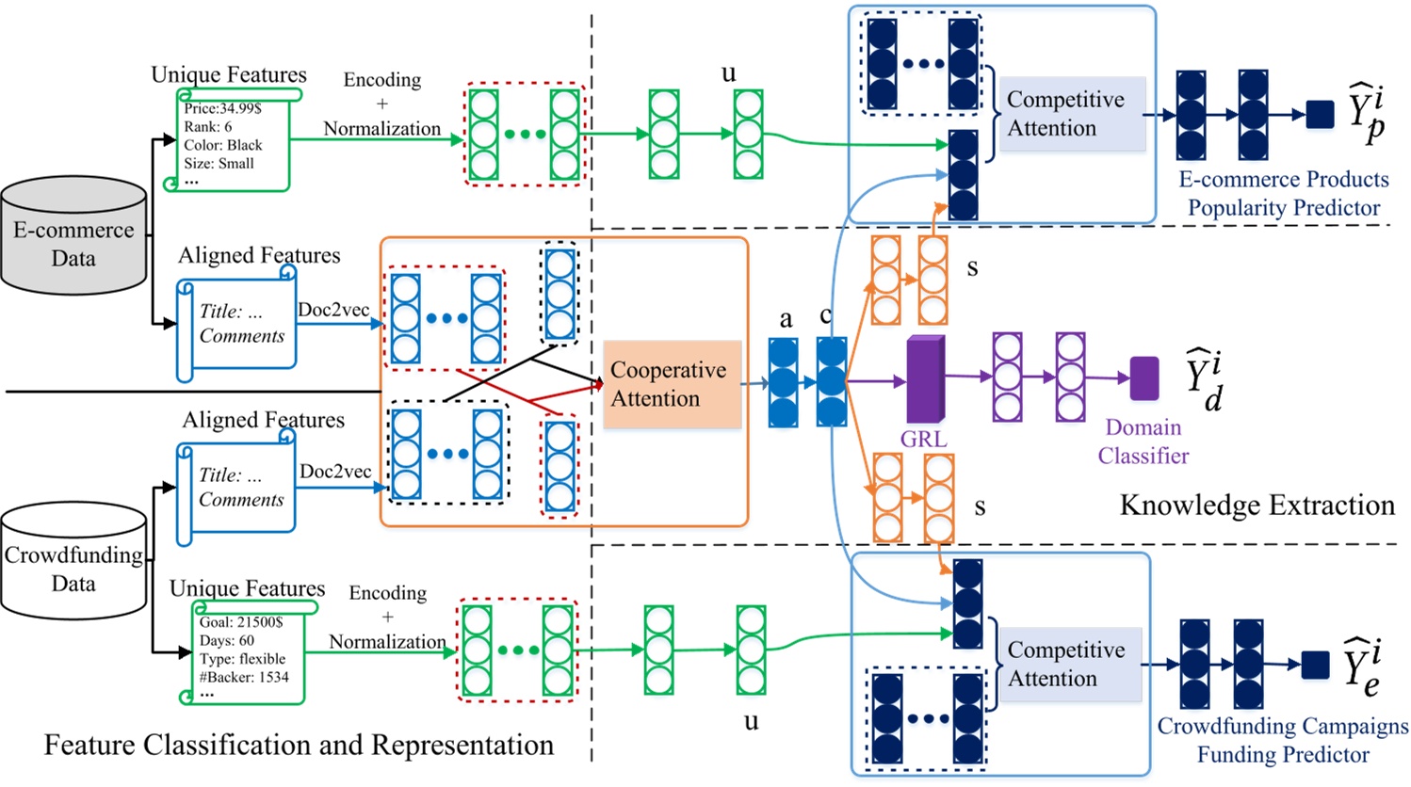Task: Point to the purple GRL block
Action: [x=925, y=378]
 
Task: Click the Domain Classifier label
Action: [x=1143, y=442]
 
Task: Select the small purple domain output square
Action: [x=1143, y=377]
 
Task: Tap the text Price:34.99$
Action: [x=222, y=108]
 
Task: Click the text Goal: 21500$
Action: [x=240, y=622]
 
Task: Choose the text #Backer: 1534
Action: [x=244, y=677]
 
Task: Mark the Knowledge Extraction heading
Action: [x=1257, y=506]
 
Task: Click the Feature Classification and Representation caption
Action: [x=299, y=745]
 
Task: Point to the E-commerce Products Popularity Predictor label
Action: [x=1283, y=193]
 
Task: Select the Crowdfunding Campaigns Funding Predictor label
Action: [x=1282, y=740]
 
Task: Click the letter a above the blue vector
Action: [x=786, y=319]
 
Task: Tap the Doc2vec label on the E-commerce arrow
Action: [x=333, y=310]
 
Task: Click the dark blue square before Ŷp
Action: [x=1320, y=114]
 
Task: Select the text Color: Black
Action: [x=223, y=145]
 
